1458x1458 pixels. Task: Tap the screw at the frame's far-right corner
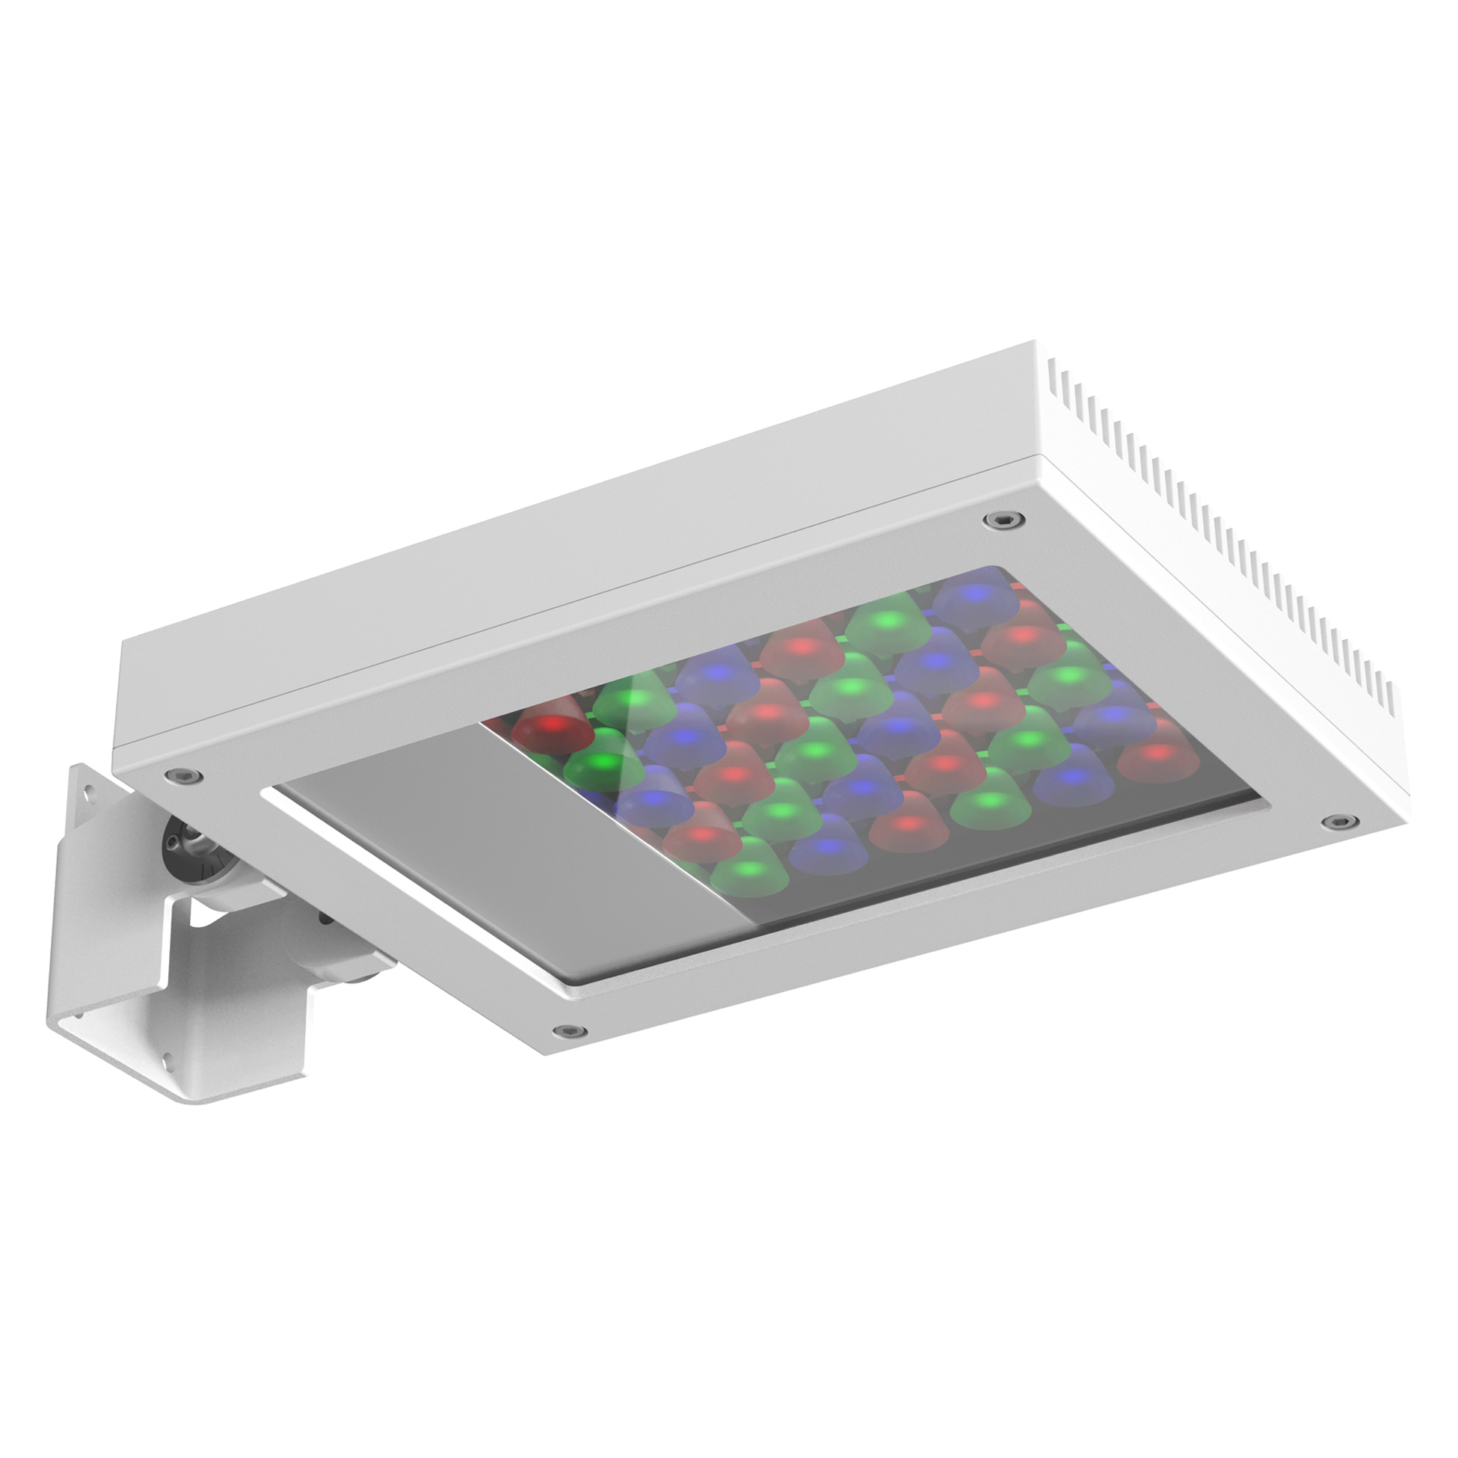click(x=1338, y=821)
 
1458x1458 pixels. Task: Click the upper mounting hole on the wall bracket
click(x=90, y=793)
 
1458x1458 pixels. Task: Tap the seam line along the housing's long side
click(x=573, y=588)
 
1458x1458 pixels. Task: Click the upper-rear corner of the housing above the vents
click(x=1036, y=344)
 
